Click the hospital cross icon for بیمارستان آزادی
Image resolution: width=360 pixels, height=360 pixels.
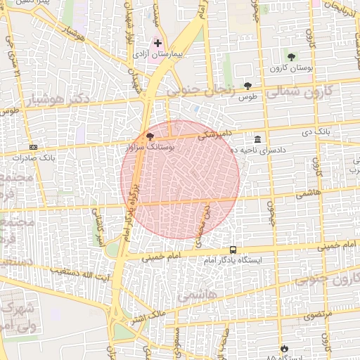[157, 43]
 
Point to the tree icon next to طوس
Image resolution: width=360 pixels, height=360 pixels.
[247, 85]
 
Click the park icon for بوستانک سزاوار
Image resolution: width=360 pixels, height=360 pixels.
[149, 136]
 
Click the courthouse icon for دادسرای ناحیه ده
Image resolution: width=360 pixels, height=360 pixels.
[259, 139]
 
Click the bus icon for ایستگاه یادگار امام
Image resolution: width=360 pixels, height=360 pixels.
[233, 250]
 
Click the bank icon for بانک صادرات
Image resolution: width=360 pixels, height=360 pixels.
[33, 147]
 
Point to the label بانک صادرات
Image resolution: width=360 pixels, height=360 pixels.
[33, 157]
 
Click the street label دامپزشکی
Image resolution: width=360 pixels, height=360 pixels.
[213, 134]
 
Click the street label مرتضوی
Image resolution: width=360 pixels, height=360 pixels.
[317, 317]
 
